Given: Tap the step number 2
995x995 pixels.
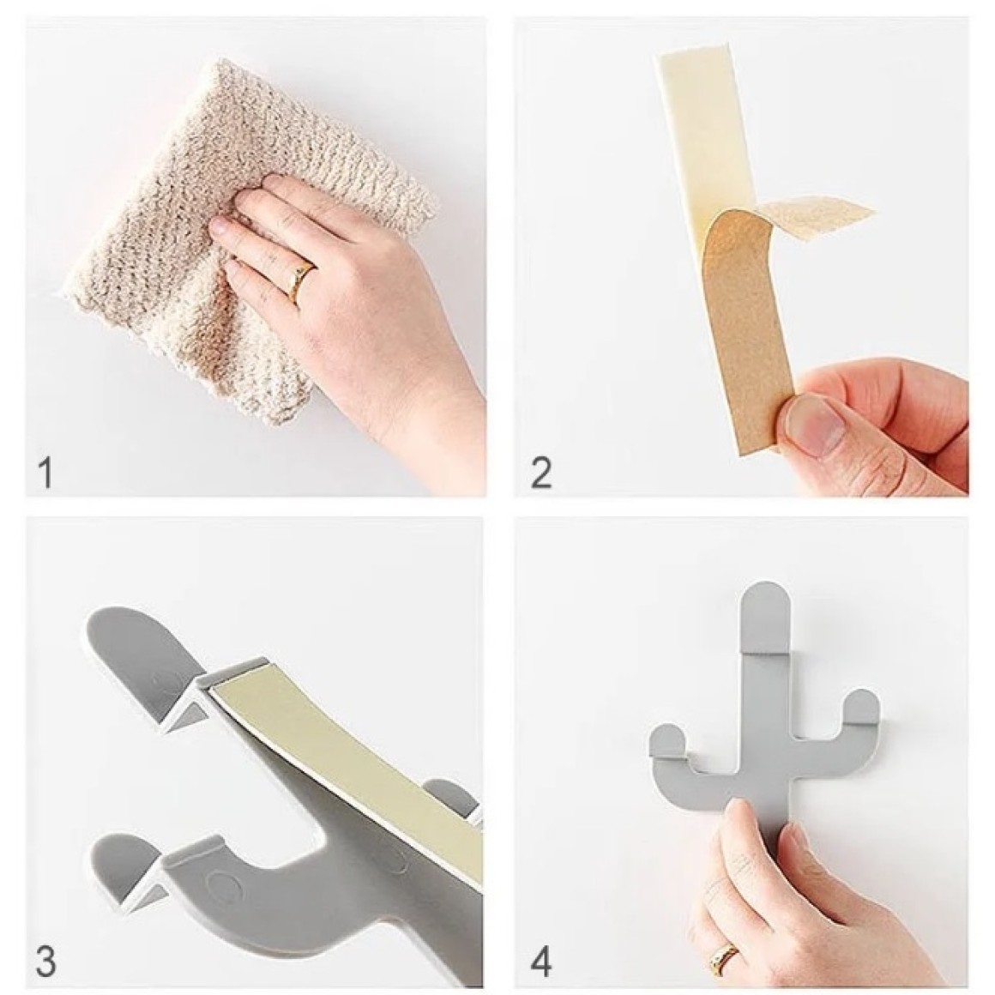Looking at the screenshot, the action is pos(540,473).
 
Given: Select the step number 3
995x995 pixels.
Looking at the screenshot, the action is pos(45,962).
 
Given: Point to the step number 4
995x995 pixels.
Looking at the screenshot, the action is pos(540,962).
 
